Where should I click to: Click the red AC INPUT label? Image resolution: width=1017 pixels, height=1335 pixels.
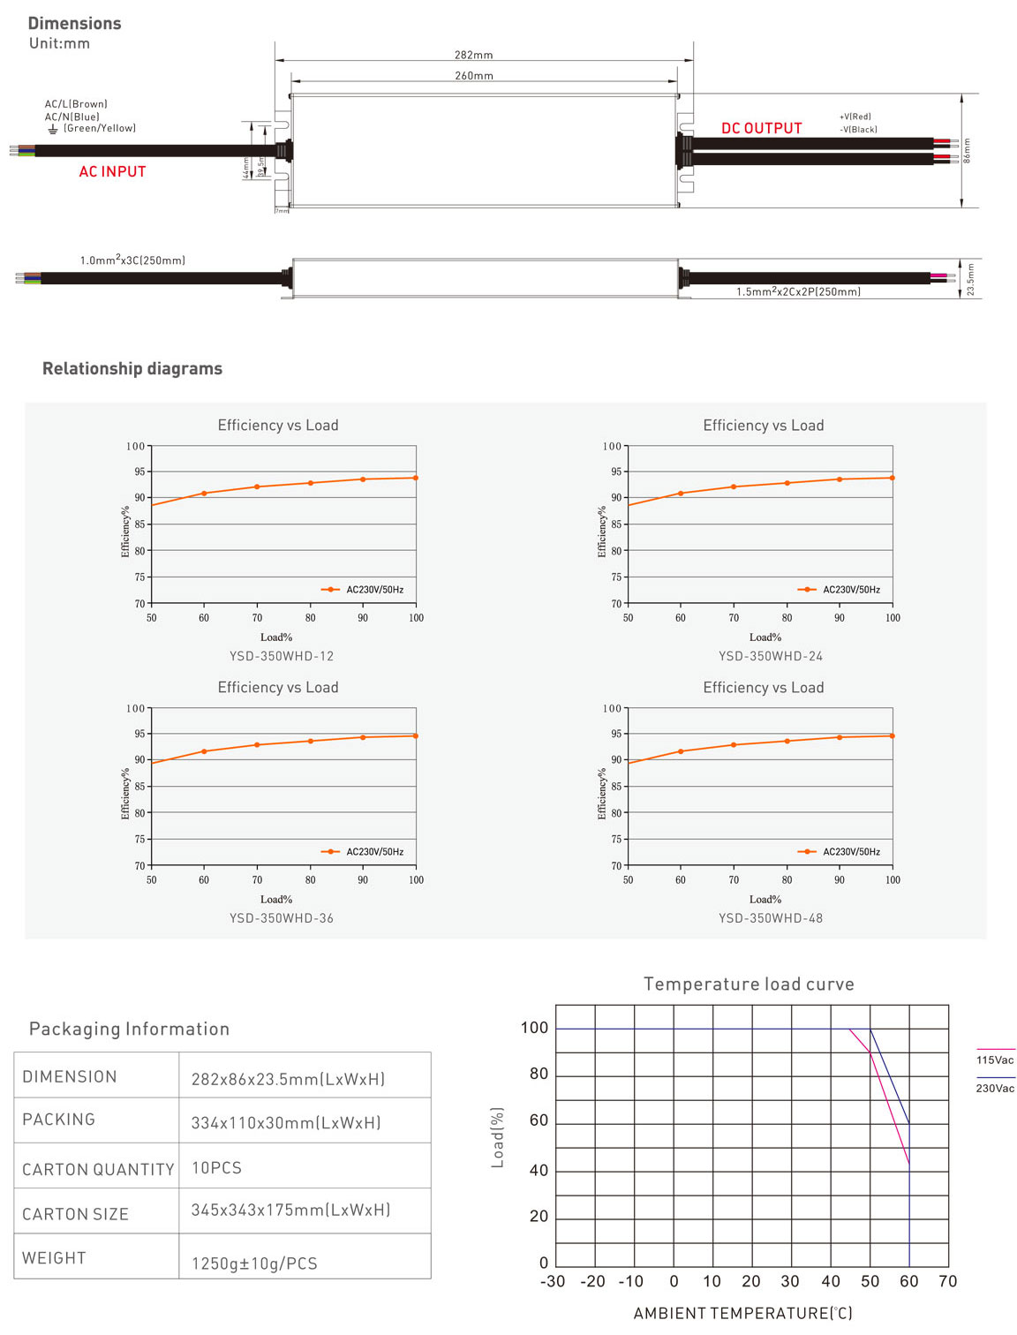112,171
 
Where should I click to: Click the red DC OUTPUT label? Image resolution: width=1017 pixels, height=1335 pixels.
761,128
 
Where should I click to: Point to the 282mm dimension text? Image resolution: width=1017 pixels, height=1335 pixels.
474,55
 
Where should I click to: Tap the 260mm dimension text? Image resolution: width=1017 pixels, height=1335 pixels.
474,76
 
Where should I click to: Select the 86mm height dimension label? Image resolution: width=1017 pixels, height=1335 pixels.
967,150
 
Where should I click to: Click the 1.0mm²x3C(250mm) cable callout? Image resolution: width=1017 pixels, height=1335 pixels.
132,260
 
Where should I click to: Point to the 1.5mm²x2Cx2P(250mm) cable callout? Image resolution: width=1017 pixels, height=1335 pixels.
798,291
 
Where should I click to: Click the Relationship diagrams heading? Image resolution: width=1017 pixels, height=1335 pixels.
132,368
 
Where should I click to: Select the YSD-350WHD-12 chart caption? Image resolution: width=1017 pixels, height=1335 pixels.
282,656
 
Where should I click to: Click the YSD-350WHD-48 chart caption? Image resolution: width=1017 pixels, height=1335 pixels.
770,918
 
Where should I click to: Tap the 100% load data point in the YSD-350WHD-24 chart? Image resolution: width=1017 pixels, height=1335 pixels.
893,478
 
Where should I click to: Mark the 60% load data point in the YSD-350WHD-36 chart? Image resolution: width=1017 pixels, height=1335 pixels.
204,751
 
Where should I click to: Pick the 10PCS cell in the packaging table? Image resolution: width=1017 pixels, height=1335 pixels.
216,1167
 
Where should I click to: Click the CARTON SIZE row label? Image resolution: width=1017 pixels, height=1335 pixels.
75,1214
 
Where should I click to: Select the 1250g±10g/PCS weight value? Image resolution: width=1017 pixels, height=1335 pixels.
254,1263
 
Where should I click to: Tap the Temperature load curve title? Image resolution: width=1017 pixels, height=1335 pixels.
749,984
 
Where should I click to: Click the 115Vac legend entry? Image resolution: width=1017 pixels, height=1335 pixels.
995,1060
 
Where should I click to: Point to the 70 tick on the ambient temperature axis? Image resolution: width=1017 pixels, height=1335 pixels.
947,1281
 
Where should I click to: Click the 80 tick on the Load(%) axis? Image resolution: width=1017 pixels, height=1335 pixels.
539,1074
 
